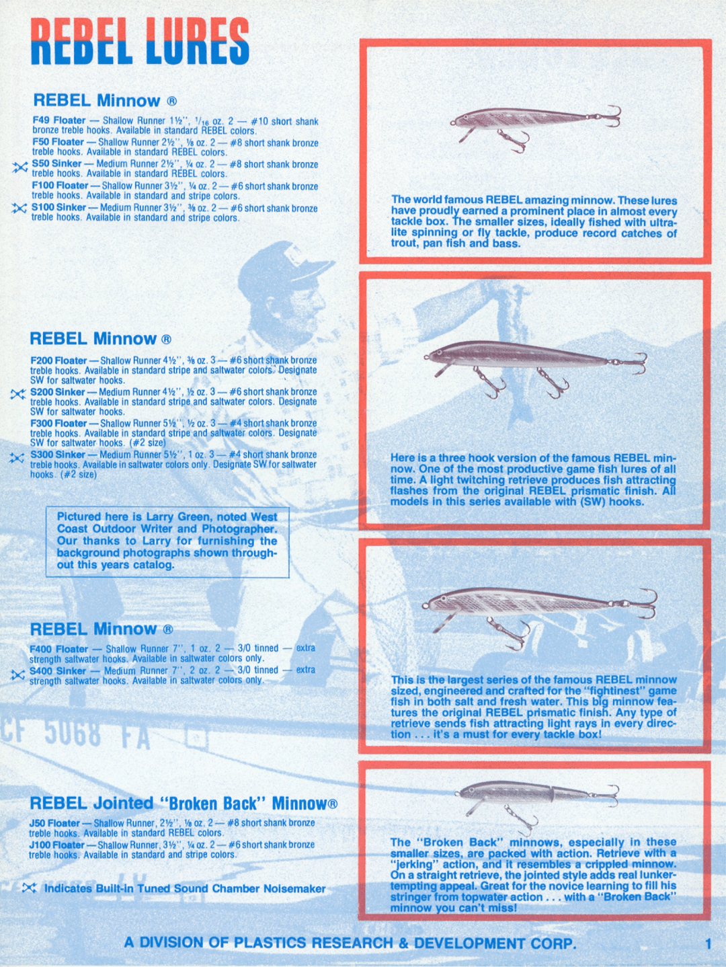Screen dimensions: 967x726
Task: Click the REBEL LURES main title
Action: pos(140,42)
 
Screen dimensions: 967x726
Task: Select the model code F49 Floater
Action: pos(58,120)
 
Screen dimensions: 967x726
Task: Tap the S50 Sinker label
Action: pos(56,163)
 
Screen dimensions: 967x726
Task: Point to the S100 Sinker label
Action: pos(58,207)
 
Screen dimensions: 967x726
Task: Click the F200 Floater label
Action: pos(58,360)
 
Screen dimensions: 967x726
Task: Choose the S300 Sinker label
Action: pos(57,455)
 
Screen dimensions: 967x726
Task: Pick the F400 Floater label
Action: pos(58,649)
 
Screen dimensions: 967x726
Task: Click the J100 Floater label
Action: pos(56,845)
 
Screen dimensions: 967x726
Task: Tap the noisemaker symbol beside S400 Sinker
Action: pos(18,674)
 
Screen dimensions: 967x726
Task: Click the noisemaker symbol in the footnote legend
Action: pos(29,888)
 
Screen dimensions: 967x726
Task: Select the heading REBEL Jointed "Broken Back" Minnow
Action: pos(183,804)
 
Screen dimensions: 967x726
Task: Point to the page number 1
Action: pos(708,943)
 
